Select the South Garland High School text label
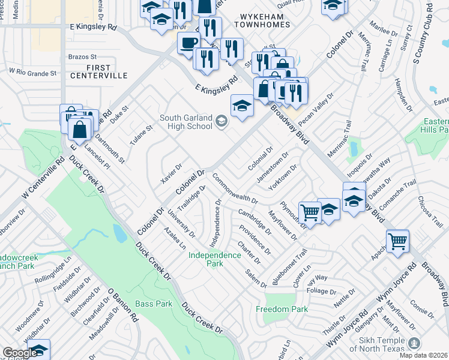tap(185, 122)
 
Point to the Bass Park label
tap(154, 304)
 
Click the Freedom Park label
tap(282, 310)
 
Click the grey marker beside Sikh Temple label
tap(413, 343)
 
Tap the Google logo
tap(19, 353)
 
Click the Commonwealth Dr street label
tap(234, 190)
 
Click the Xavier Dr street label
tap(171, 174)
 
